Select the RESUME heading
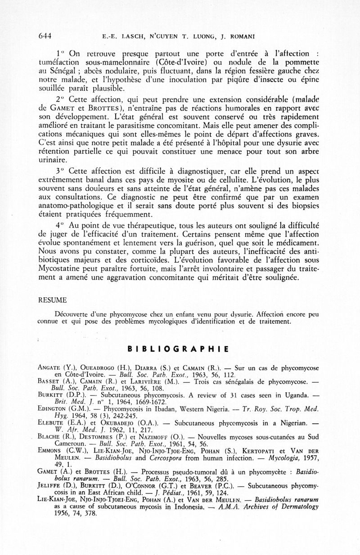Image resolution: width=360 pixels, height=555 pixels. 52,300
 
